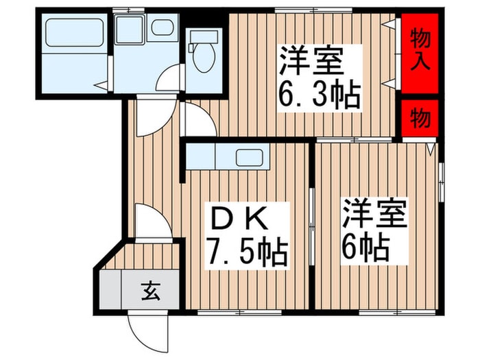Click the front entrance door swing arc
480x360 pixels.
[147, 329]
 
